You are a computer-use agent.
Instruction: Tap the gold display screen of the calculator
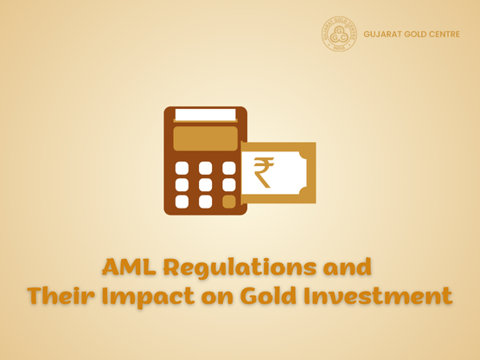pyautogui.click(x=205, y=138)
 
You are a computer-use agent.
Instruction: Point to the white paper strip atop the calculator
pyautogui.click(x=205, y=114)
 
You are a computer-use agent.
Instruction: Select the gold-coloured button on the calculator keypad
pyautogui.click(x=228, y=201)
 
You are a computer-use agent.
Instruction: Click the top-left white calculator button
pyautogui.click(x=182, y=168)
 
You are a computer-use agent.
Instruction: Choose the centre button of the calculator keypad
pyautogui.click(x=205, y=184)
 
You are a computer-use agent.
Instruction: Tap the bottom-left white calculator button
pyautogui.click(x=182, y=201)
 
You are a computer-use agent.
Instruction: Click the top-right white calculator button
pyautogui.click(x=228, y=168)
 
